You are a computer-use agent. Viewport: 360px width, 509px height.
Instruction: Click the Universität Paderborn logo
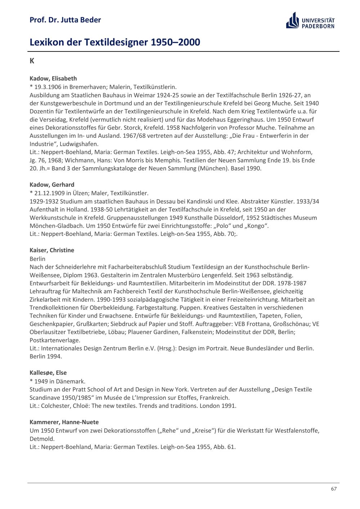(310, 21)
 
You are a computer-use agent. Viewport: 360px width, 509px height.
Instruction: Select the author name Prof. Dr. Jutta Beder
(65, 20)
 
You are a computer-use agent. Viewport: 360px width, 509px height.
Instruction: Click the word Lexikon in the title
(47, 42)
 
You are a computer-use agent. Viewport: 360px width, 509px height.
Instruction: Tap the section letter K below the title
(32, 61)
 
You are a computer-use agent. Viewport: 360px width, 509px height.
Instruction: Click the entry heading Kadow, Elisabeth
(53, 78)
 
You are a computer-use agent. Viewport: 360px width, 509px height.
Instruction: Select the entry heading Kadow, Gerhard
(52, 185)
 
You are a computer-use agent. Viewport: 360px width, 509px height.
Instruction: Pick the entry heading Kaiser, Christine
(52, 250)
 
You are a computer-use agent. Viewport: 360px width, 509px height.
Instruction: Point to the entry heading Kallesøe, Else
(48, 373)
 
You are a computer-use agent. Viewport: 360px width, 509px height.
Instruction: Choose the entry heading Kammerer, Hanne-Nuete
(64, 422)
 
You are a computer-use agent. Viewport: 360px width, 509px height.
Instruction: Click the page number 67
(334, 489)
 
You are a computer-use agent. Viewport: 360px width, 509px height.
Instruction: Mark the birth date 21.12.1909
(49, 193)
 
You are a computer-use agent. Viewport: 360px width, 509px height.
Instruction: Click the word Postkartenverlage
(55, 340)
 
